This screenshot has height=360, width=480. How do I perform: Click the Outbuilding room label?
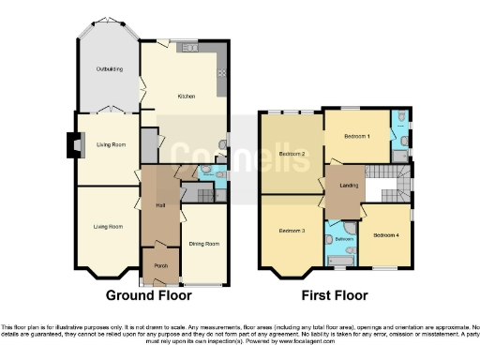[107, 68]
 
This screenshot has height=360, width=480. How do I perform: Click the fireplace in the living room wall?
[71, 143]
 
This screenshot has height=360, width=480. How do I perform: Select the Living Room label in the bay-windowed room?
[107, 226]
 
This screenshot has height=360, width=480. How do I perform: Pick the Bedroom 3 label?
[292, 229]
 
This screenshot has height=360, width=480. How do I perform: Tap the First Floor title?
[336, 295]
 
